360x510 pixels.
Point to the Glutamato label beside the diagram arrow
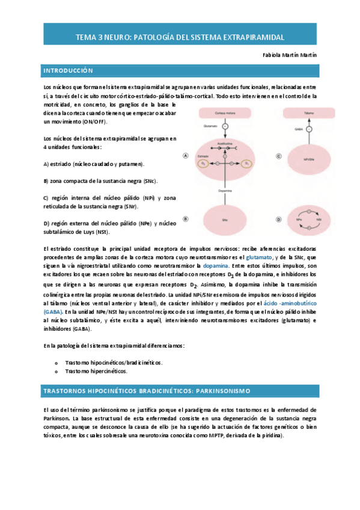(210, 127)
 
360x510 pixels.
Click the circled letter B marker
(186, 219)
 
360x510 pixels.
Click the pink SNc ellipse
(225, 220)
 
